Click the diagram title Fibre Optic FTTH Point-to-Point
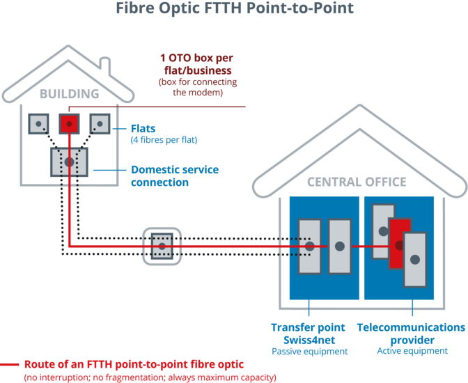tap(234, 9)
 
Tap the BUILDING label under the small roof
tap(68, 93)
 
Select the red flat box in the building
tap(69, 124)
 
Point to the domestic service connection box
tap(69, 162)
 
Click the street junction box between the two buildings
tap(162, 246)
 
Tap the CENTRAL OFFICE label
tap(357, 182)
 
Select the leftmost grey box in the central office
tap(310, 246)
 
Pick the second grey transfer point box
tap(340, 246)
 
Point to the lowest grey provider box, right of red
tap(414, 259)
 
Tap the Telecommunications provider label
tap(411, 333)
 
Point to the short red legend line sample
tap(10, 364)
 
